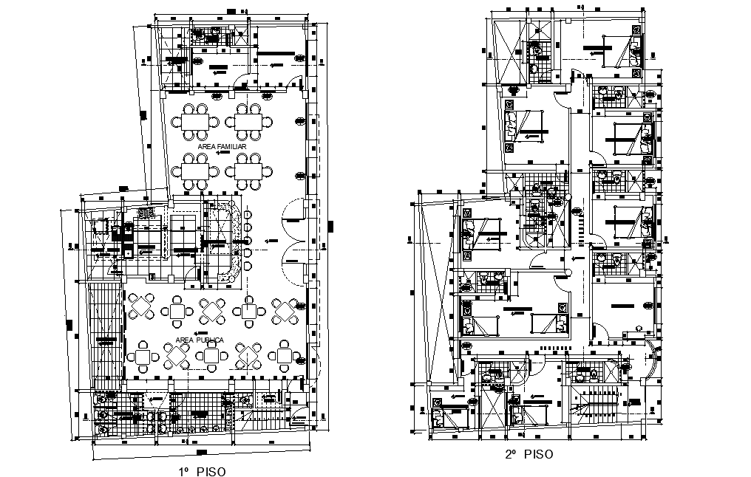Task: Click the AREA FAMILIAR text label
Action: coord(222,147)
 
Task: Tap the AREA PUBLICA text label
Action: coord(200,340)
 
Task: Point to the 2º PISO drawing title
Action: coord(528,455)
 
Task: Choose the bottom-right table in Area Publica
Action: coord(285,357)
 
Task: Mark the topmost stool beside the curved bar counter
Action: coord(248,214)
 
